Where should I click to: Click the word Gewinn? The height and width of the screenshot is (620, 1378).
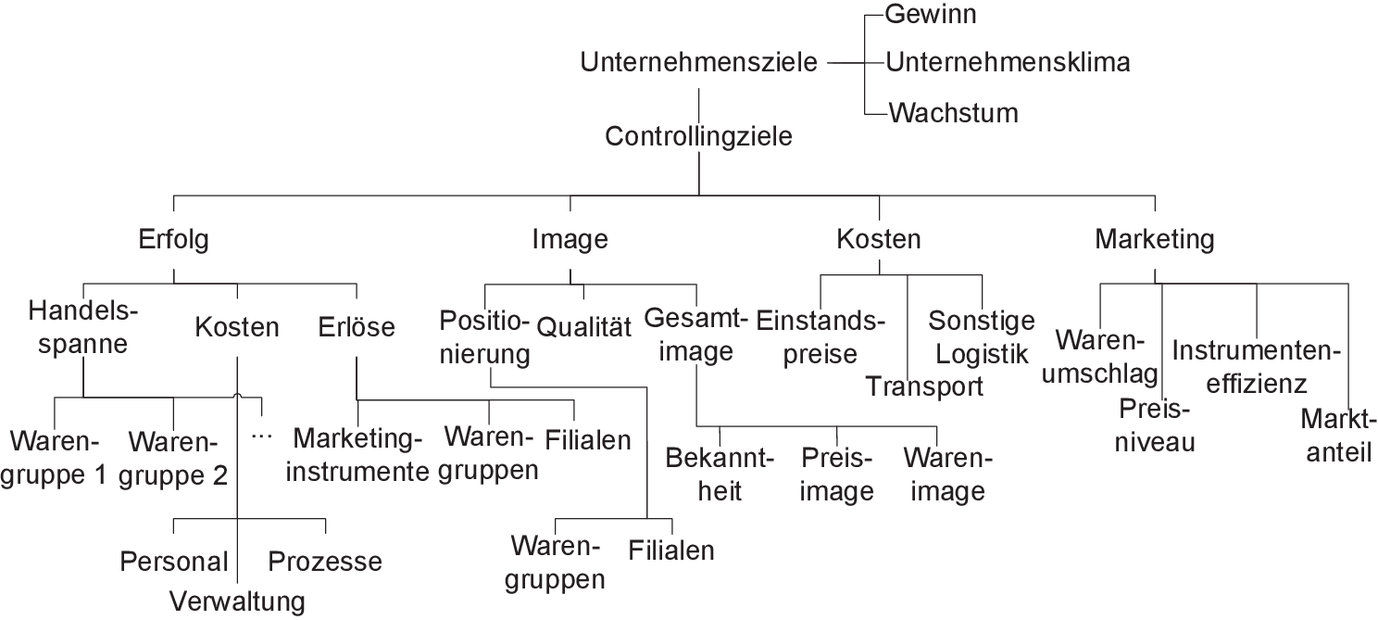932,14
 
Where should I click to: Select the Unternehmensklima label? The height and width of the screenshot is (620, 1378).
1008,63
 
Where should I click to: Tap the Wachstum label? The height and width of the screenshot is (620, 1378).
953,113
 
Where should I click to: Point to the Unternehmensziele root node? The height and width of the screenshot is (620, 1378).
699,63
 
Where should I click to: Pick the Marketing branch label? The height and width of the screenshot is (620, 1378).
1154,239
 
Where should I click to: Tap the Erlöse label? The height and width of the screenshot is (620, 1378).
357,326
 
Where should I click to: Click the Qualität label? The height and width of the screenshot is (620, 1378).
583,326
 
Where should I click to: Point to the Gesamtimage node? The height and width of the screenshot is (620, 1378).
695,335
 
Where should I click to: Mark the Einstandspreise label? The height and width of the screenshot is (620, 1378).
821,337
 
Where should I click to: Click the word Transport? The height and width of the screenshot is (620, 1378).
924,386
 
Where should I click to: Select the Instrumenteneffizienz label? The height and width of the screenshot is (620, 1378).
1257,367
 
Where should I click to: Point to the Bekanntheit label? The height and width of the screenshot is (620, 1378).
719,474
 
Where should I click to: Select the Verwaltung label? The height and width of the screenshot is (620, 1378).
237,601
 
